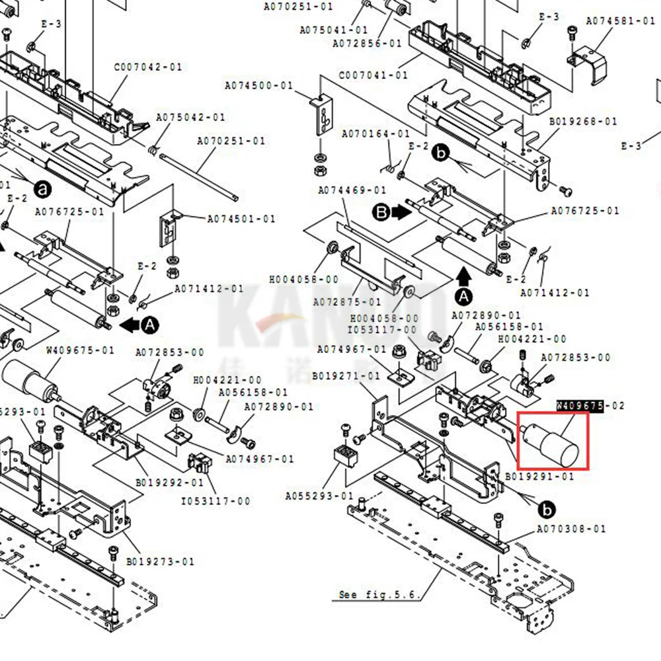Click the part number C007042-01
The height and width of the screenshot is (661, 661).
tap(147, 67)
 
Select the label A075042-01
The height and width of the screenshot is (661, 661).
tap(190, 117)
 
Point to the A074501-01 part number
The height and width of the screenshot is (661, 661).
tap(241, 219)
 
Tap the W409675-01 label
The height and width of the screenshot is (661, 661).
tap(80, 350)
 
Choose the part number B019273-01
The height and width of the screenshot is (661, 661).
tap(161, 562)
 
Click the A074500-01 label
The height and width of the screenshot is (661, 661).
tap(258, 86)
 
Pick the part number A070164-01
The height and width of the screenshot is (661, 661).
tap(375, 134)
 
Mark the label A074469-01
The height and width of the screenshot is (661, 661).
tap(352, 190)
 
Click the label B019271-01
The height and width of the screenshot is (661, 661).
tap(346, 376)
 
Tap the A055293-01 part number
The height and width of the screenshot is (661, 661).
tap(320, 496)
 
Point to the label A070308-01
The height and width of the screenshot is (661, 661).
tap(570, 529)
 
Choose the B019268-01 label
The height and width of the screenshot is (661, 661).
tap(583, 122)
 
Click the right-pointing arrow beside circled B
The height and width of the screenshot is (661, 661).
tap(401, 212)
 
